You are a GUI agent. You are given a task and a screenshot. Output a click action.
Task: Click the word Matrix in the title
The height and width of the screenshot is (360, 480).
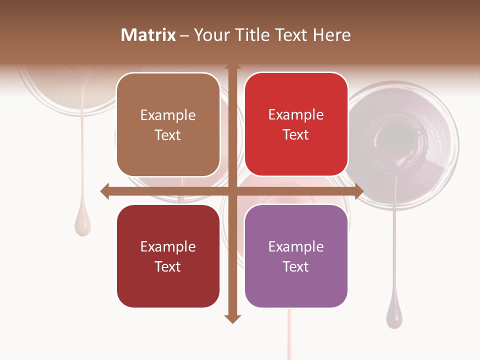(148, 35)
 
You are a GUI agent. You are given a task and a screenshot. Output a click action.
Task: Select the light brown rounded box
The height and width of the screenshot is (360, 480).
(168, 124)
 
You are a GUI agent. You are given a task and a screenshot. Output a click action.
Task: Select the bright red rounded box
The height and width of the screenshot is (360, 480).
(296, 124)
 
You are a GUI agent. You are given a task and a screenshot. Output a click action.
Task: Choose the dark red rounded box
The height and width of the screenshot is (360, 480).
(168, 256)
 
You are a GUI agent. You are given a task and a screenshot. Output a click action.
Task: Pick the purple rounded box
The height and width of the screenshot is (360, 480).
(296, 256)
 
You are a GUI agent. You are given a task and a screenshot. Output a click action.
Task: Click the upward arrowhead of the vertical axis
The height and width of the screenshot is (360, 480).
(232, 67)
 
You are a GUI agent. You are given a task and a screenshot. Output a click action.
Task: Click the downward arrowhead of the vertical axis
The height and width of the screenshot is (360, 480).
(232, 319)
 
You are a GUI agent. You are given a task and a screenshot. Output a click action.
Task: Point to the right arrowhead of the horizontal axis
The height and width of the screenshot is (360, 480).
(359, 191)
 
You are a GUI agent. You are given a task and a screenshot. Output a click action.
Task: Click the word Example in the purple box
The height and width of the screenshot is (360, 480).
(296, 246)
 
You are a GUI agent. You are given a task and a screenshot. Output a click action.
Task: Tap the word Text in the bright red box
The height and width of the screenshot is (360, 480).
(296, 135)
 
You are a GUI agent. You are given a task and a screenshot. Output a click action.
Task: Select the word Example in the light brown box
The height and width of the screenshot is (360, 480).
(168, 115)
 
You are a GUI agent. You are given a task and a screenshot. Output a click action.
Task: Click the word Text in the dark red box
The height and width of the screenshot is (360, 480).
(168, 266)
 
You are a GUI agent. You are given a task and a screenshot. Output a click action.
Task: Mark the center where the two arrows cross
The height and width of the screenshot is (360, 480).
(232, 191)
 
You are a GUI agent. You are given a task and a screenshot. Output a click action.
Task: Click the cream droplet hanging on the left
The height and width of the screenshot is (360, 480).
(82, 225)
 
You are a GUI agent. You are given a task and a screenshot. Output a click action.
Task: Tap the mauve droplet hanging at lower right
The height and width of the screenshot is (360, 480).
(394, 316)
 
